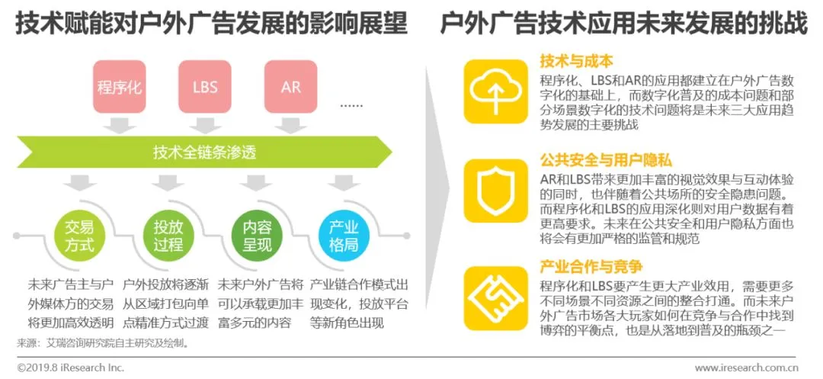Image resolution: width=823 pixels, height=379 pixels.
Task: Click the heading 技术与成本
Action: point(577,61)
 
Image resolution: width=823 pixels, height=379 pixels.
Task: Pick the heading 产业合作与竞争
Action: point(592,266)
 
